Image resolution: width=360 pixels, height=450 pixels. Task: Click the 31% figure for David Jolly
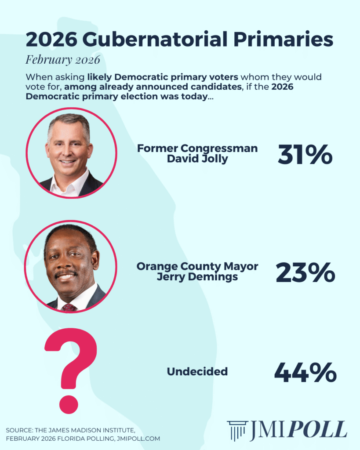(x=305, y=154)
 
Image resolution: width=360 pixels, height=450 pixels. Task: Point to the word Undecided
(x=197, y=372)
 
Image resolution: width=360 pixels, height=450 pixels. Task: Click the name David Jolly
(x=197, y=159)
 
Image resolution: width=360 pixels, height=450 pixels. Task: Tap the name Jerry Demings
(x=197, y=277)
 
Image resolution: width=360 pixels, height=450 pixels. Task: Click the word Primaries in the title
(x=284, y=40)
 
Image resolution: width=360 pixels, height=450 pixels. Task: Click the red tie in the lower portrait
(x=69, y=307)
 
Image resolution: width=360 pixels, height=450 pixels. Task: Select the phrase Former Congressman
(x=197, y=149)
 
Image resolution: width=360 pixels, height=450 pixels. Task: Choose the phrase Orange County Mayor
(x=197, y=266)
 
